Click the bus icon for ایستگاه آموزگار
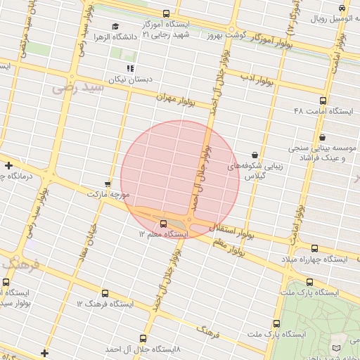click(x=167, y=13)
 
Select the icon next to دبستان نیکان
click(x=130, y=67)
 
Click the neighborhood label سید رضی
click(x=77, y=88)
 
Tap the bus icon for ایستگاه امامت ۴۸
click(x=323, y=101)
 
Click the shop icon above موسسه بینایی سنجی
click(x=322, y=137)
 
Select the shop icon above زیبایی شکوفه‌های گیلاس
click(x=254, y=155)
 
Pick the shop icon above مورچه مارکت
click(x=108, y=181)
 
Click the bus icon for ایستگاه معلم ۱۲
click(x=154, y=224)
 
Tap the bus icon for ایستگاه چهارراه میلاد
click(x=314, y=249)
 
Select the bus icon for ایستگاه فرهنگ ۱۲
click(x=105, y=293)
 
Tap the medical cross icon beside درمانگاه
click(x=8, y=166)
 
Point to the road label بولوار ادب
click(x=257, y=79)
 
